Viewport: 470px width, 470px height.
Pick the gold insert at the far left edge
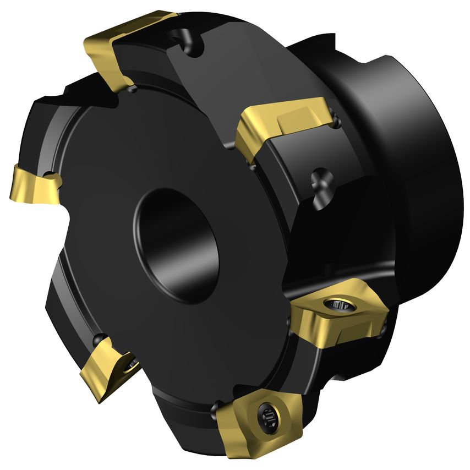pos(33,184)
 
